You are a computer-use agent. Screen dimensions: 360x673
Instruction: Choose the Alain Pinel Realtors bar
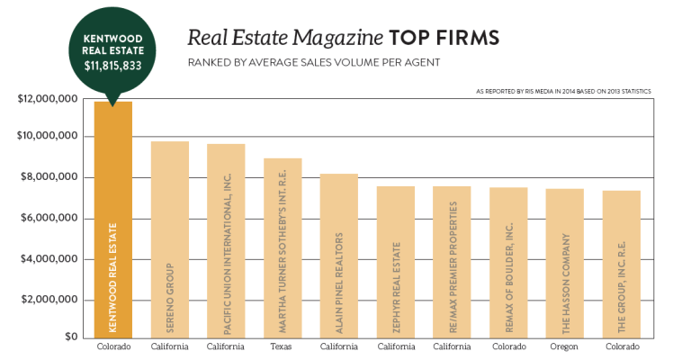(x=339, y=256)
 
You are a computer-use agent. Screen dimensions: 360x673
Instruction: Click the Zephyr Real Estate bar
(x=395, y=262)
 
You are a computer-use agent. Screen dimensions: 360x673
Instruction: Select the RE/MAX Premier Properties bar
(x=452, y=262)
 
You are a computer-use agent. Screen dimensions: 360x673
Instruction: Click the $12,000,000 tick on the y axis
(x=49, y=96)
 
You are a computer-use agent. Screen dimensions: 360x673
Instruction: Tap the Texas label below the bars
(x=283, y=347)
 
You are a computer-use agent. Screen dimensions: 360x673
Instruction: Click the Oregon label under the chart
(x=564, y=347)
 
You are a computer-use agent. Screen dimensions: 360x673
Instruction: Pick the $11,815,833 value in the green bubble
(x=113, y=66)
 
